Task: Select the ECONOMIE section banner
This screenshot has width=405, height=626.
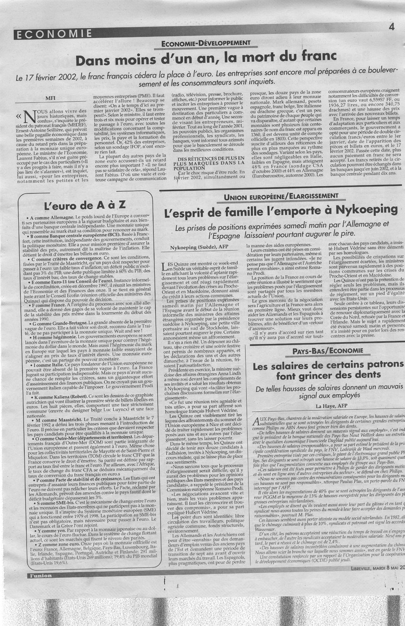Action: point(53,34)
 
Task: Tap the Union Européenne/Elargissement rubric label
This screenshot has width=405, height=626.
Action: point(279,196)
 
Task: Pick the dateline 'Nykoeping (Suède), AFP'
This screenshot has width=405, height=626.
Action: point(198,247)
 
